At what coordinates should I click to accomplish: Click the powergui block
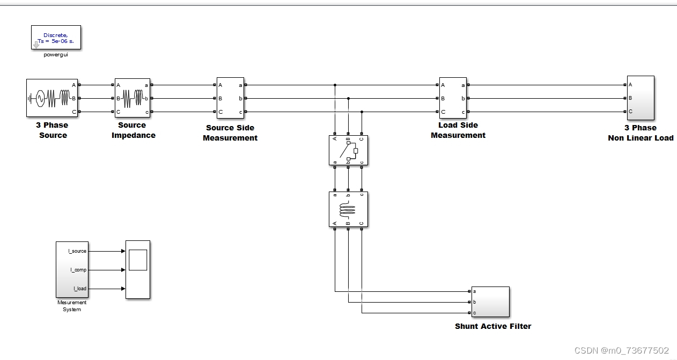click(x=56, y=37)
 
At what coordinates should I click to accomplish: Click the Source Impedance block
click(x=132, y=98)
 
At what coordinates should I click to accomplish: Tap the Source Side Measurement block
click(x=230, y=98)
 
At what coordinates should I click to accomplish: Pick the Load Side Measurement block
click(x=453, y=98)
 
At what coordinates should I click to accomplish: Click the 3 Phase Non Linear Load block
click(x=641, y=98)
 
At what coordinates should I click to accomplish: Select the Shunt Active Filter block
click(x=490, y=302)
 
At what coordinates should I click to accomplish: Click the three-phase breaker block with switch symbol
click(x=349, y=151)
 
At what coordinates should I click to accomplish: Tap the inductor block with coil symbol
click(x=349, y=210)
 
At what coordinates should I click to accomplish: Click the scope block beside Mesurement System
click(x=138, y=269)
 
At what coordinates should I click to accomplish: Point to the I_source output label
click(x=77, y=251)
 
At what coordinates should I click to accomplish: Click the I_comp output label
click(x=78, y=270)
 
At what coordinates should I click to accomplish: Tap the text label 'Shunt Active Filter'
click(x=493, y=326)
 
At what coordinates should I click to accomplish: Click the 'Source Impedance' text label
click(x=133, y=130)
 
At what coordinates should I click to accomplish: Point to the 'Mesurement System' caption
click(x=72, y=306)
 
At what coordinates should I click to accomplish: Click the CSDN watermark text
click(x=621, y=350)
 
